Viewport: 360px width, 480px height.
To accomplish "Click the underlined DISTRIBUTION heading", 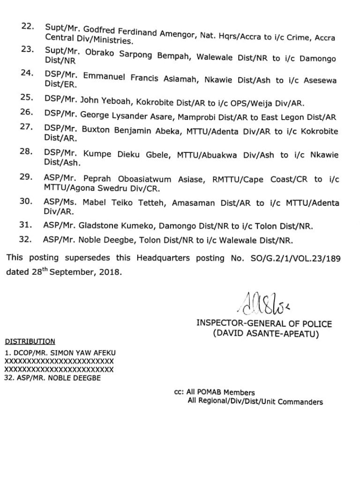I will point(30,342).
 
